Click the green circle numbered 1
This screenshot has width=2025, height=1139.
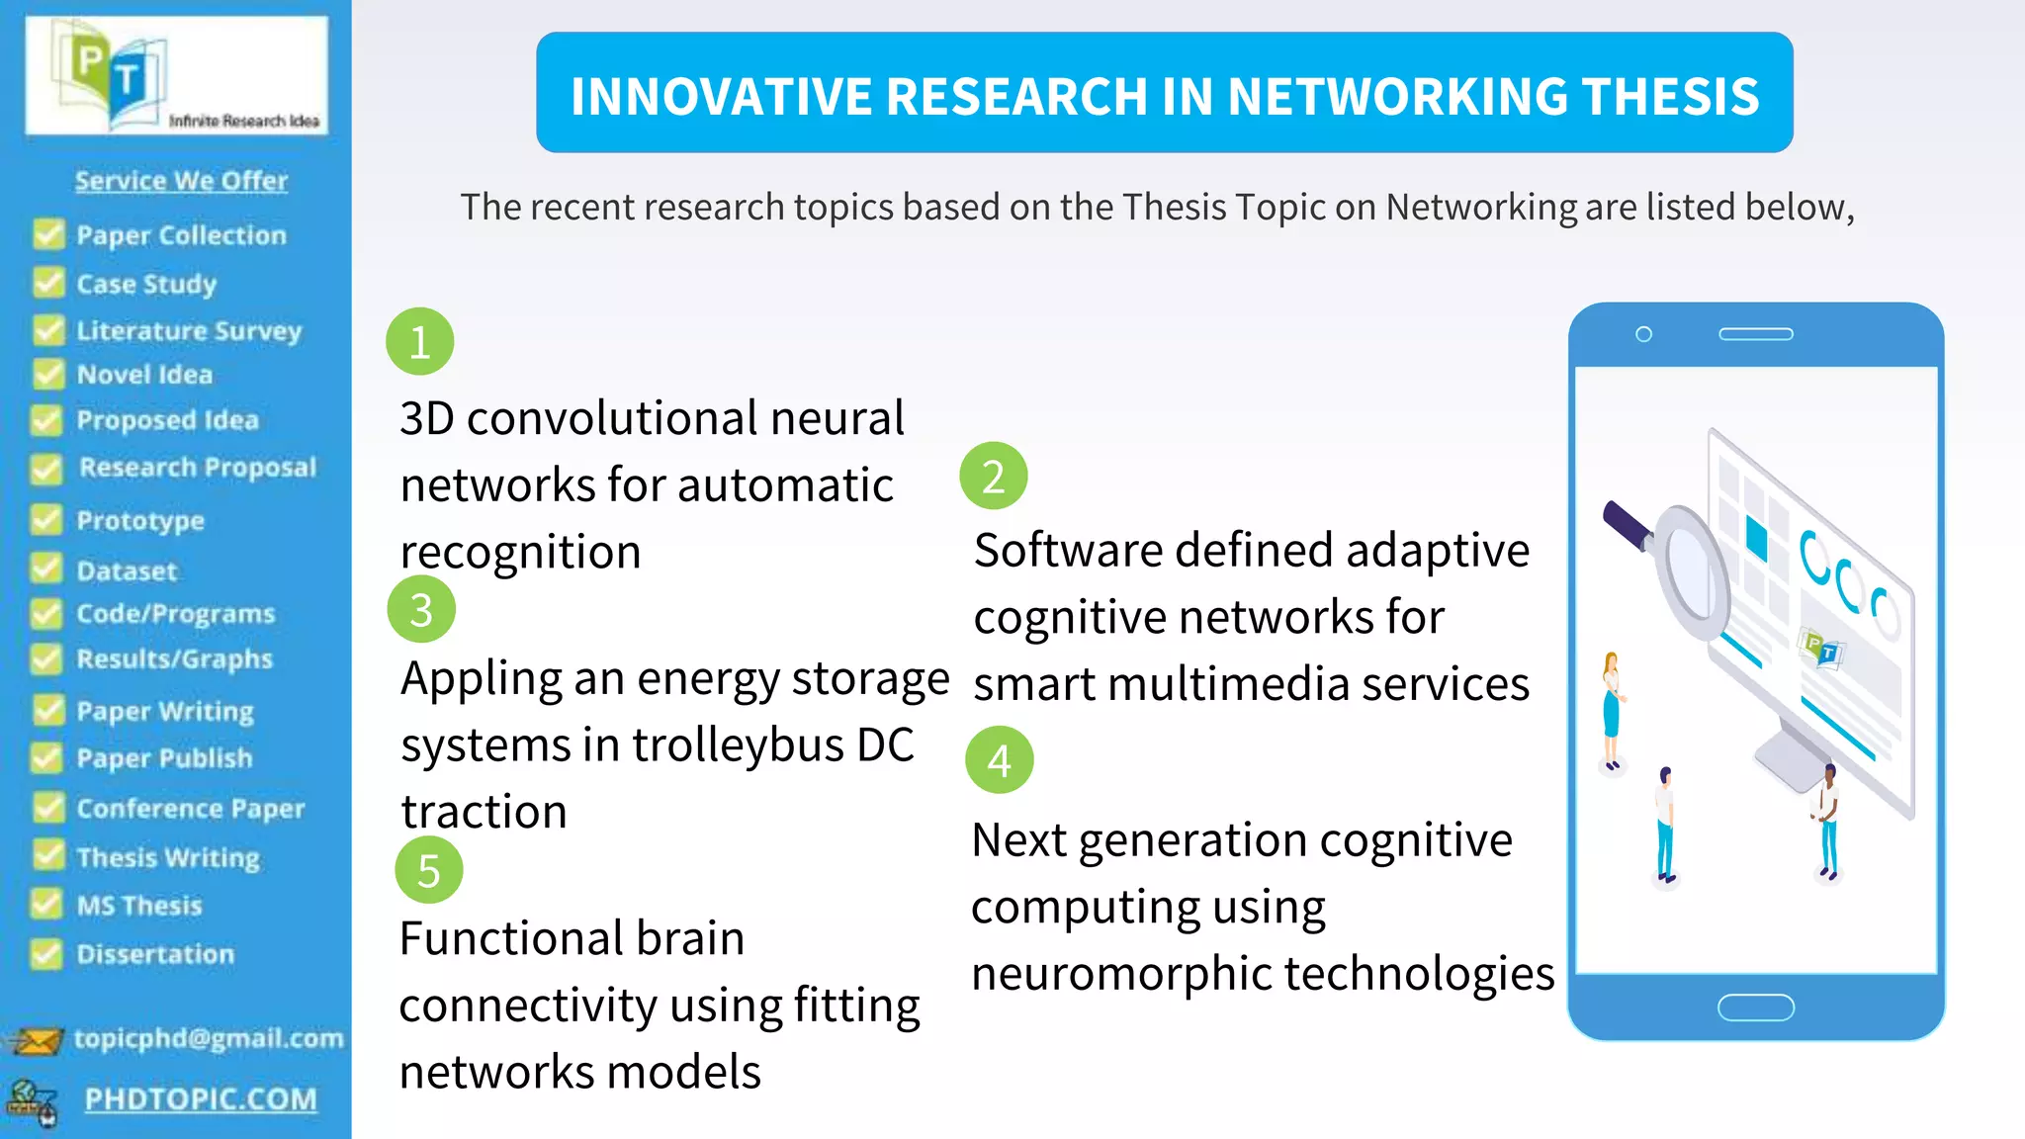click(x=420, y=342)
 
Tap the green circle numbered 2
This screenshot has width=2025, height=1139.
click(x=994, y=476)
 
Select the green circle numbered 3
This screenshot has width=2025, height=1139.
click(x=421, y=609)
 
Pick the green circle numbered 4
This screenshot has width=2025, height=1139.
click(x=1000, y=760)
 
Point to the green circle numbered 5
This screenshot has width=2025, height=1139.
click(x=428, y=870)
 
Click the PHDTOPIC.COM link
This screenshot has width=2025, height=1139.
click(x=201, y=1098)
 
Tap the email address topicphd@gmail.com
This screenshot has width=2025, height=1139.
click(x=209, y=1038)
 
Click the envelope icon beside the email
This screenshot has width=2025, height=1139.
click(x=35, y=1041)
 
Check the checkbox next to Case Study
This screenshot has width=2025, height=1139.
click(x=47, y=283)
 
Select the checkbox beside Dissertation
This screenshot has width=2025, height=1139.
click(x=45, y=953)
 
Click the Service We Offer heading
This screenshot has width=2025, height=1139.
click(x=181, y=181)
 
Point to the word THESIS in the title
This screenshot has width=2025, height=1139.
click(x=1671, y=97)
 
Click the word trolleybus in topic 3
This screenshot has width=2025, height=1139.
click(x=739, y=745)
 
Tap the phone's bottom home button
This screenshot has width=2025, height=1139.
click(x=1756, y=1008)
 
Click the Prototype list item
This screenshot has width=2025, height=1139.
click(x=140, y=521)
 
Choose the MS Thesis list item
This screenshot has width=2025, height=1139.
click(x=139, y=906)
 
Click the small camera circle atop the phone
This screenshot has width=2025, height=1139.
click(x=1643, y=334)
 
